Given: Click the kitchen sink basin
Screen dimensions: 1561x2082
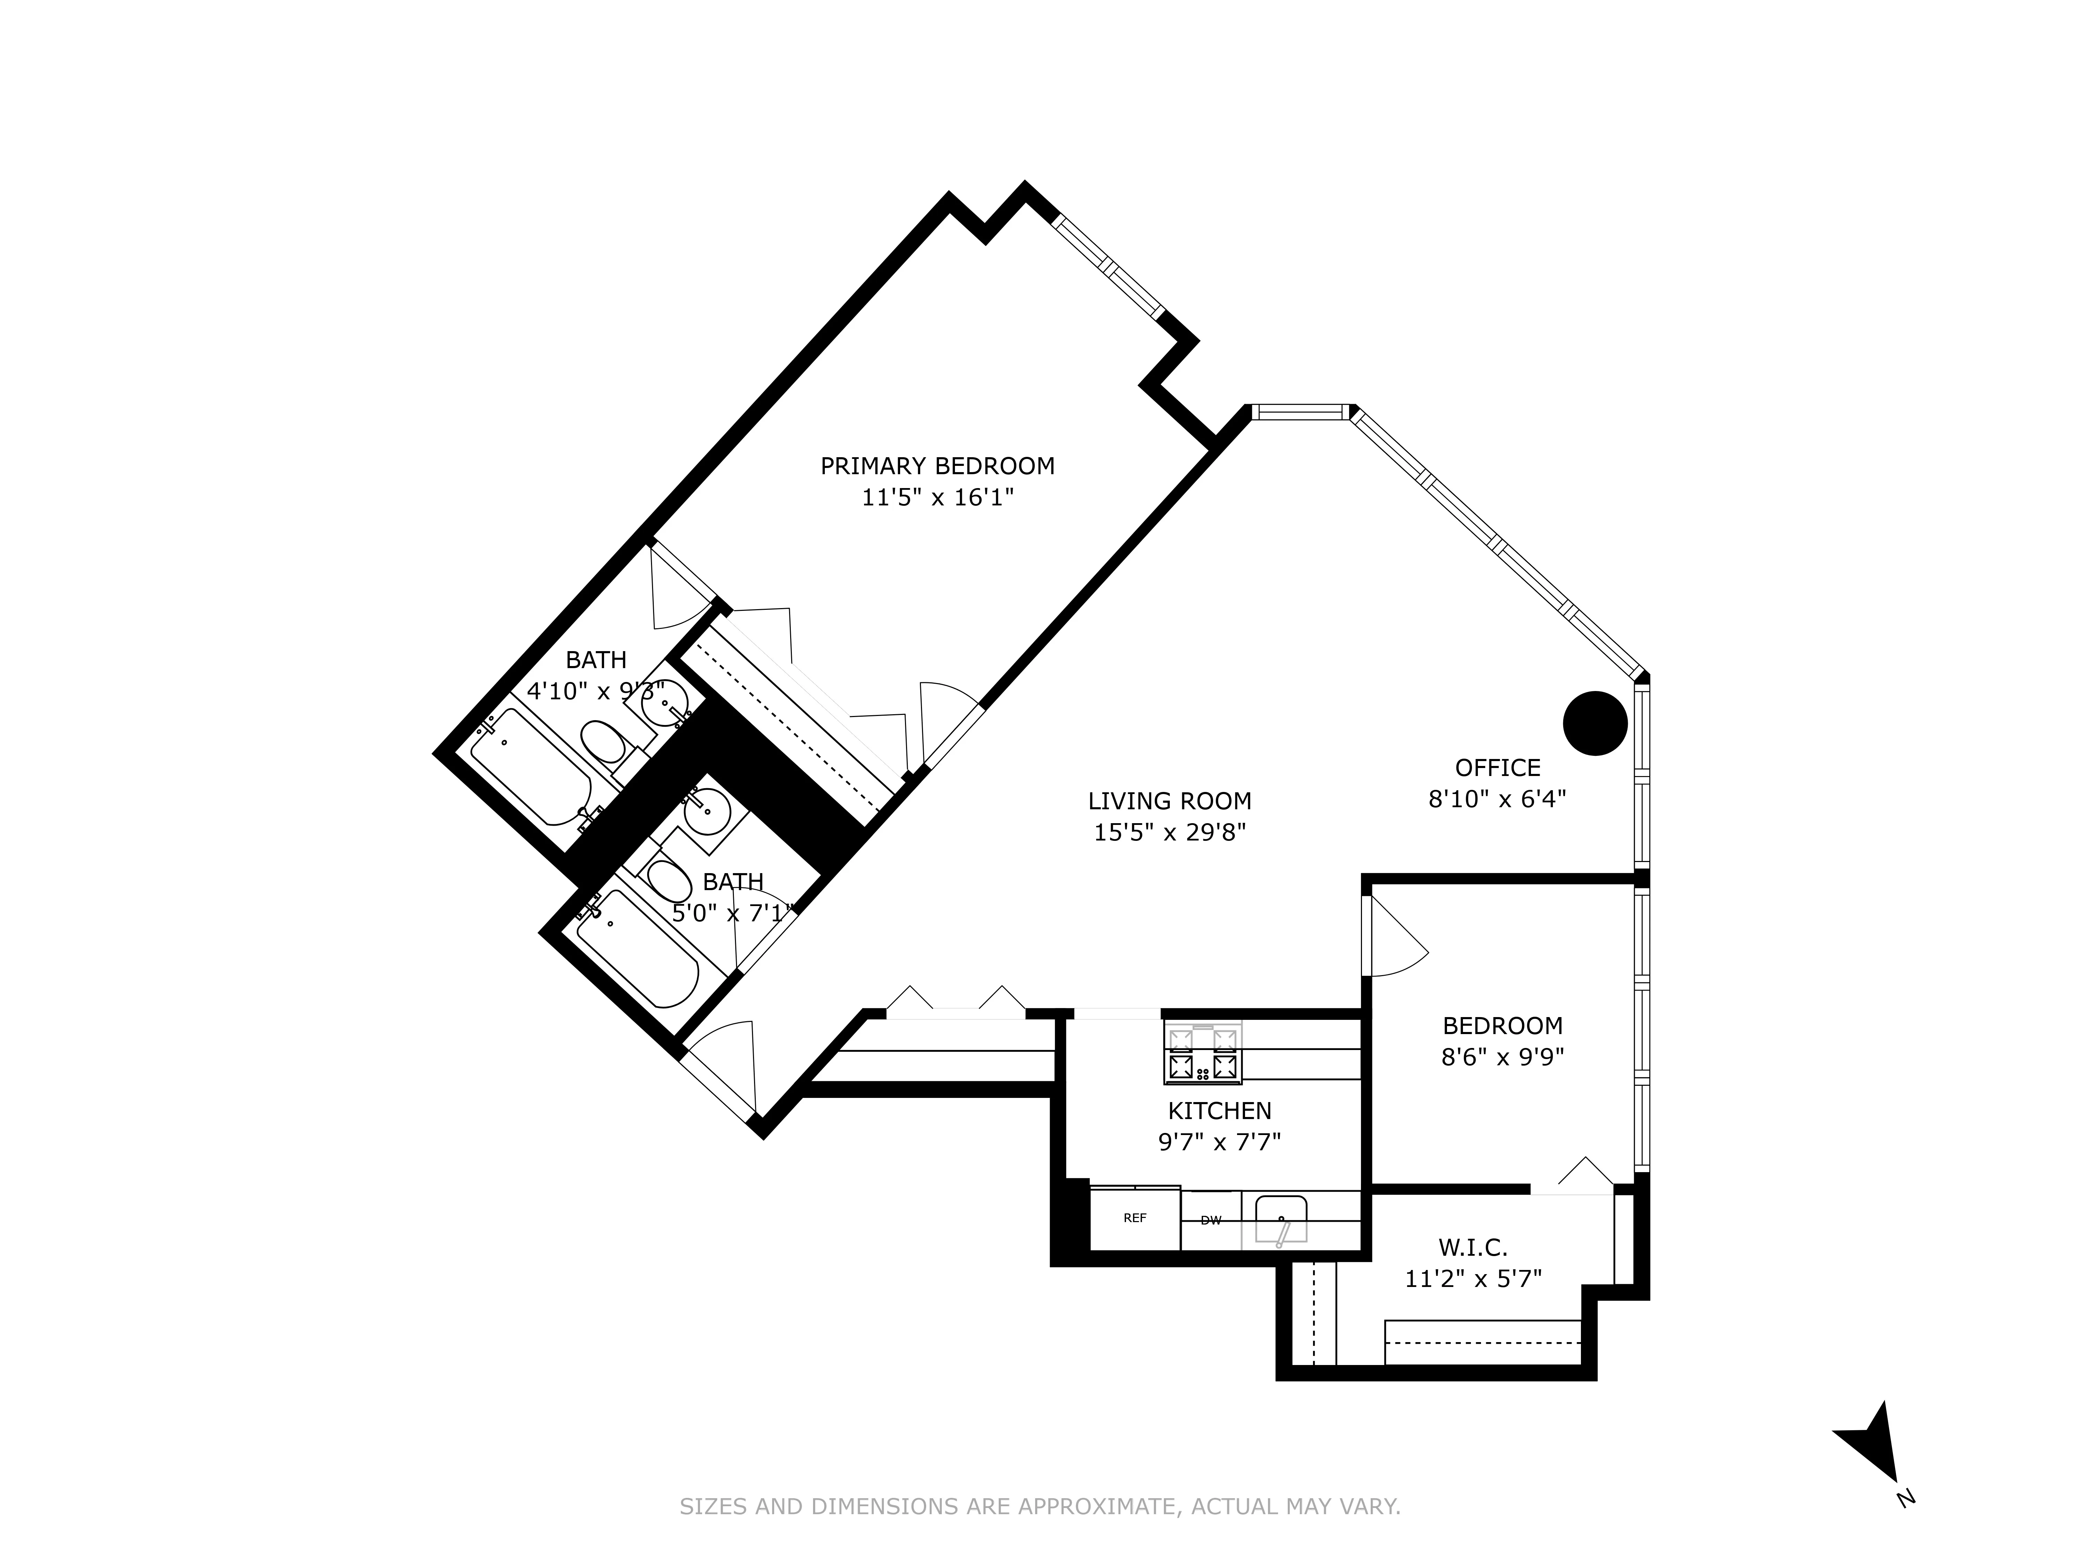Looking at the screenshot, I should point(1281,1219).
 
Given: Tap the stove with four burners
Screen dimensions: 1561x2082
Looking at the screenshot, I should point(1203,1053).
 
